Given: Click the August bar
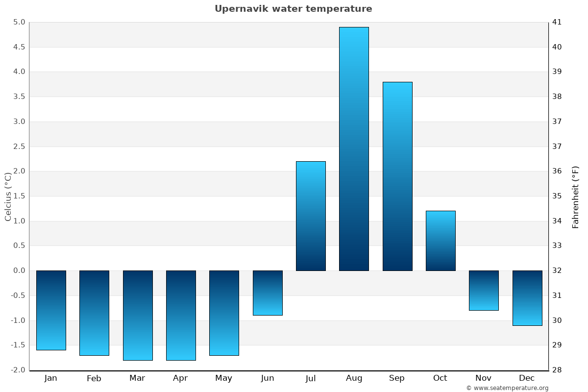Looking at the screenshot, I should coord(354,149).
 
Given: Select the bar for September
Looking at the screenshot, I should coord(397,176).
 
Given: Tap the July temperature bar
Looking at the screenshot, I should coord(311,216).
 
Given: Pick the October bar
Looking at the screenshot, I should coord(440,241).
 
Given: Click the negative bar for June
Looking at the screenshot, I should coord(268,293).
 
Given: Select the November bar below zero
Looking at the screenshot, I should coord(484,290).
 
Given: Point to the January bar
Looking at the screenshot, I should coord(51,310).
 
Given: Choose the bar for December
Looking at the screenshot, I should coord(527,298).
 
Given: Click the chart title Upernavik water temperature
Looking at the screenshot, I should coord(293,9).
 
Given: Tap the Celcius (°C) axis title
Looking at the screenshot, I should coord(8,196).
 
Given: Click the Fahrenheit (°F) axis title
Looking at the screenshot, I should coord(575,197).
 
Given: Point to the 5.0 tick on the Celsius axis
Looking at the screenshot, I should coord(19,22).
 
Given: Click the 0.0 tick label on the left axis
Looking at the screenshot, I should coord(19,270).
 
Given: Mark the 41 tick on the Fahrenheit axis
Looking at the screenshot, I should coord(557,22).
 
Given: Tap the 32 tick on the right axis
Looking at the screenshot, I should coord(557,270).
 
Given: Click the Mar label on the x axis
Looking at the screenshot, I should coord(137,378).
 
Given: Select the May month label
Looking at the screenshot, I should coord(223,378).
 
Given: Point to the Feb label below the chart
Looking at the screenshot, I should coord(94,378).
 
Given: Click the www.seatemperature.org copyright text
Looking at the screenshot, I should coord(507,388).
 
